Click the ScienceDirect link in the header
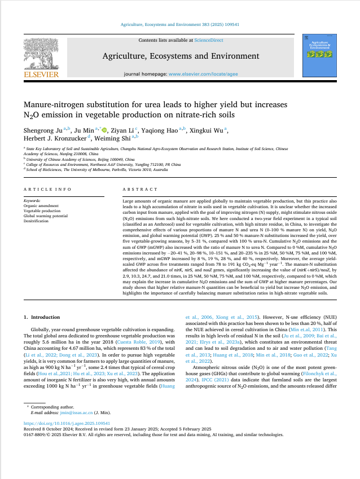208,41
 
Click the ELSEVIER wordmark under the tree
40,74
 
